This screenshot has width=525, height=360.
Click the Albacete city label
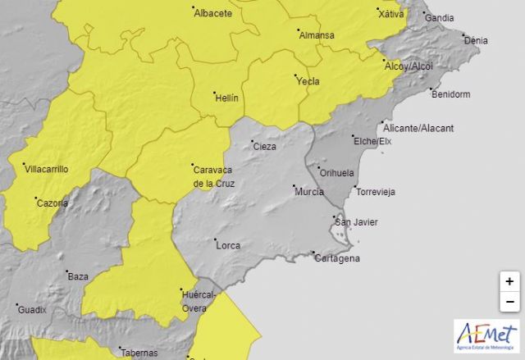tap(212, 14)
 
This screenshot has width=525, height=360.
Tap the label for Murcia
tap(308, 192)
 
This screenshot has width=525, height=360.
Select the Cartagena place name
tap(337, 259)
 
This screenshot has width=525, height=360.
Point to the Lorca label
tap(227, 245)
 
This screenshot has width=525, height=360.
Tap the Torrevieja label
tap(375, 192)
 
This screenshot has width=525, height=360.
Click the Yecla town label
tap(308, 81)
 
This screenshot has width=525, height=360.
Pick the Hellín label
tap(226, 98)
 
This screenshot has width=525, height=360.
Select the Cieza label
tap(264, 147)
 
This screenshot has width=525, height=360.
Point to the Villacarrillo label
tap(48, 169)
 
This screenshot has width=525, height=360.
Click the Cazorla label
tap(52, 203)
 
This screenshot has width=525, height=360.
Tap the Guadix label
tap(32, 309)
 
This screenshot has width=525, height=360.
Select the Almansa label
tap(316, 35)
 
